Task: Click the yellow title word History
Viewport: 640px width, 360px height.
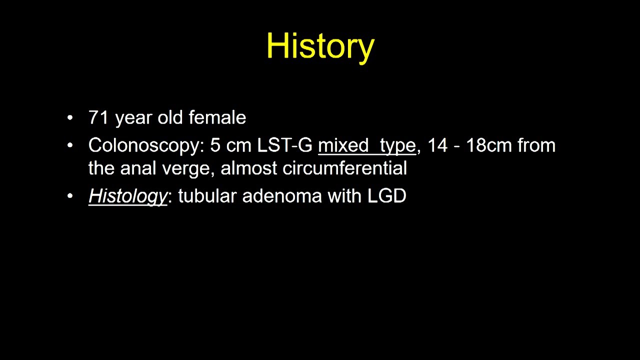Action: [x=320, y=46]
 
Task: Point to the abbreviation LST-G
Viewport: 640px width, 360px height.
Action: [x=284, y=145]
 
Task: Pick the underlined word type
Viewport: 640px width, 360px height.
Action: [x=397, y=146]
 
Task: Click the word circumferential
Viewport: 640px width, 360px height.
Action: [x=344, y=168]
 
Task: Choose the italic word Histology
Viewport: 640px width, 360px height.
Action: [x=127, y=196]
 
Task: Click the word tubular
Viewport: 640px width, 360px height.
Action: [x=207, y=196]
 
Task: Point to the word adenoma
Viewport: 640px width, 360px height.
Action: [x=282, y=196]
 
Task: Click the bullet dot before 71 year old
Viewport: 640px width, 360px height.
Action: [x=70, y=118]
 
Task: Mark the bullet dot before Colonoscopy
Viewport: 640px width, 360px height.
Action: [x=70, y=146]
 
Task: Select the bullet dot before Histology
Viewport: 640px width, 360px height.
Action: [x=70, y=196]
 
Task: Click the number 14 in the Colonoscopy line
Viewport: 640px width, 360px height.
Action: [x=437, y=145]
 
